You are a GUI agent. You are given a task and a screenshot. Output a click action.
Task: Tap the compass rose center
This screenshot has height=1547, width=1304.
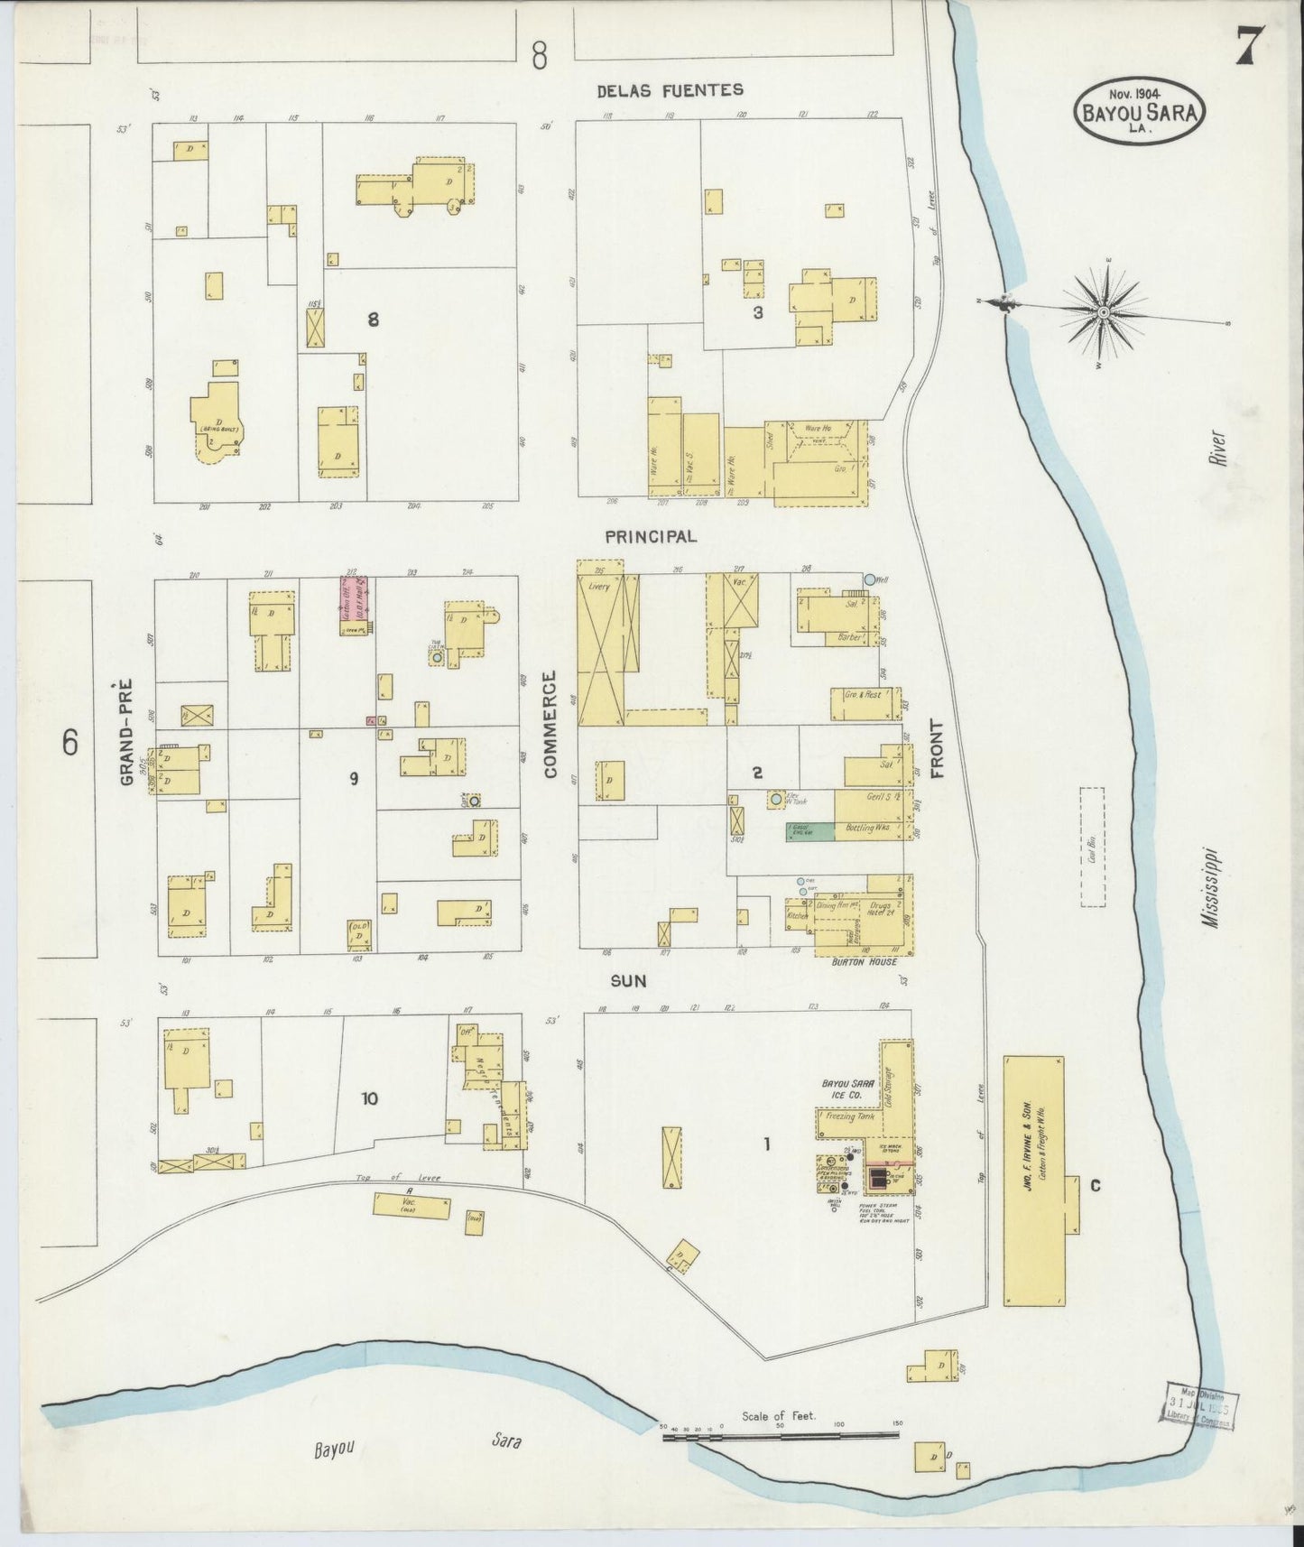click(1103, 311)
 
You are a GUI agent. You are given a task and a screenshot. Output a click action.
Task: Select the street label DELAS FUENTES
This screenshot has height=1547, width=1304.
click(670, 89)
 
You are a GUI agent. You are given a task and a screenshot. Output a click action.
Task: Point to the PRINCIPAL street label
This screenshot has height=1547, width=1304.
click(651, 536)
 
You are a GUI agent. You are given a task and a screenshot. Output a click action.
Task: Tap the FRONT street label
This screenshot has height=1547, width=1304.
click(936, 762)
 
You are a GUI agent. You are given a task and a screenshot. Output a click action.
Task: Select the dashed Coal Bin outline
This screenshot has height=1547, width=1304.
click(1093, 847)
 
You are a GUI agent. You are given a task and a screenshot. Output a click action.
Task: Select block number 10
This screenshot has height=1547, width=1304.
click(369, 1098)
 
